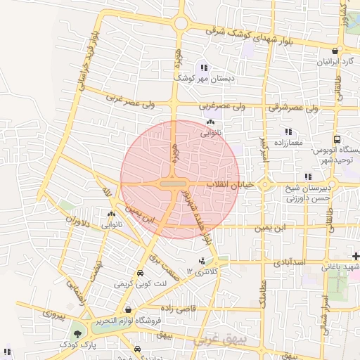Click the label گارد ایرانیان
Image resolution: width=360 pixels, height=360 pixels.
(330, 63)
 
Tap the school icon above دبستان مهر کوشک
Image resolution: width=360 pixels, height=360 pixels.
(203, 68)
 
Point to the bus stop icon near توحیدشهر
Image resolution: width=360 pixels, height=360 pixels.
(337, 139)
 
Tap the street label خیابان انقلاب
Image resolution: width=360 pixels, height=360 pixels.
(225, 184)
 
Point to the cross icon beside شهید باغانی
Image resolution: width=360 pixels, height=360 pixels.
(356, 256)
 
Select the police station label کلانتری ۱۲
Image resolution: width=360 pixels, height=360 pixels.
(205, 271)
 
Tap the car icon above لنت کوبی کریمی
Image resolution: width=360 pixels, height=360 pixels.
(140, 273)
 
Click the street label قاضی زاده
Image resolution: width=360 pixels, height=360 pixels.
(176, 308)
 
